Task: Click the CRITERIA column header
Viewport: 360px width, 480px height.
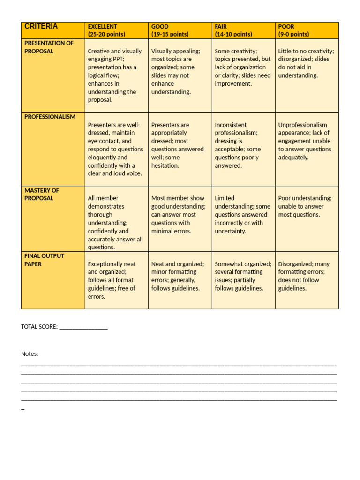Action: click(41, 27)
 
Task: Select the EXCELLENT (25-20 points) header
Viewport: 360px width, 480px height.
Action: click(106, 30)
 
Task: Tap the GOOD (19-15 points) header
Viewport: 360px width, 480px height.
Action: click(170, 30)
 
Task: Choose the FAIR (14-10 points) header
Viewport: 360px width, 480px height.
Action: click(233, 30)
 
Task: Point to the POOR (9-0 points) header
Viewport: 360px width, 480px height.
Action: click(294, 30)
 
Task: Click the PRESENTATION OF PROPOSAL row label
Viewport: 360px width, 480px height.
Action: click(49, 47)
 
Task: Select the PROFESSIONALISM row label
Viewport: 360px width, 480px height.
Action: click(50, 117)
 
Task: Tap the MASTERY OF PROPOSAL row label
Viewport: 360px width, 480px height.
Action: click(42, 194)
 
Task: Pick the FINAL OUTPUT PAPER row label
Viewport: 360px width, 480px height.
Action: click(44, 260)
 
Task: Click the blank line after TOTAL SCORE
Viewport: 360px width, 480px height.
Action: click(83, 327)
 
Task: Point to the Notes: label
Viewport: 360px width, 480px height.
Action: click(30, 354)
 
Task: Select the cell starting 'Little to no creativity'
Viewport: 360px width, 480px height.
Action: click(306, 63)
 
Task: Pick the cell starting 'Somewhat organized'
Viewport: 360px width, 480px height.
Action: click(243, 276)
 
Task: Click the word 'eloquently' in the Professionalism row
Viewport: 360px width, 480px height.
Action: click(102, 157)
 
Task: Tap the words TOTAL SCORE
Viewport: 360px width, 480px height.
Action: click(39, 327)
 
